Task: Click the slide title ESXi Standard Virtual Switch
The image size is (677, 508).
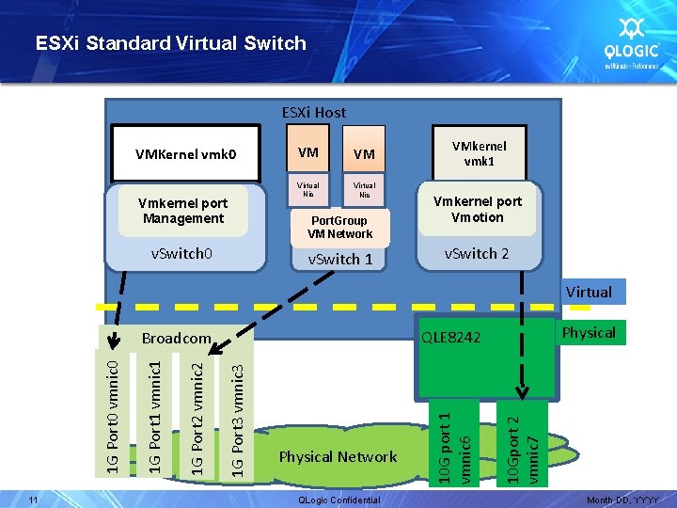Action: [170, 42]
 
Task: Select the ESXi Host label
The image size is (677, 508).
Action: [314, 112]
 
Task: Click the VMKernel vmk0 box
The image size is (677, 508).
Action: [185, 153]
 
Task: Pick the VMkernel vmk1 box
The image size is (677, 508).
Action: [479, 152]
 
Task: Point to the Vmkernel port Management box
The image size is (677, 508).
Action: [182, 211]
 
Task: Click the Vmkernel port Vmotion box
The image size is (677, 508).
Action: [477, 210]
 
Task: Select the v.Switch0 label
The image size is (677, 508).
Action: [182, 253]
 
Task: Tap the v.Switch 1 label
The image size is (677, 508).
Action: [340, 259]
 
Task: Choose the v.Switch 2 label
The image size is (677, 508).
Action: [477, 253]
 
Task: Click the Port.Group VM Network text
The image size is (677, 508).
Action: [340, 227]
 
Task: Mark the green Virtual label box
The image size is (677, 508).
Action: [589, 292]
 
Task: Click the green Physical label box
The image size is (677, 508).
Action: [589, 332]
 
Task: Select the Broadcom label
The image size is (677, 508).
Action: [176, 338]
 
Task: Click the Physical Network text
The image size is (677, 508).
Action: [338, 456]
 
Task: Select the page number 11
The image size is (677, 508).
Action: [32, 500]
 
